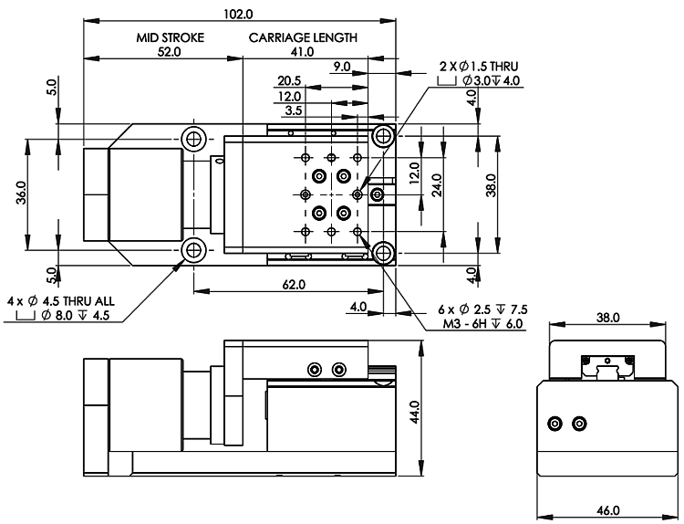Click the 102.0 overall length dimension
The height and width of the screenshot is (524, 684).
coord(238,14)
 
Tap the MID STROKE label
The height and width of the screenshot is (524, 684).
coord(171,37)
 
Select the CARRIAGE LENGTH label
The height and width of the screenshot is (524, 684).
coord(303,37)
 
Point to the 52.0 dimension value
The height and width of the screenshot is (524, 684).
coord(170,52)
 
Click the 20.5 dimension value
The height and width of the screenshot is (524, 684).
coord(290,80)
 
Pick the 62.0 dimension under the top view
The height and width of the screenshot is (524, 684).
coord(294,285)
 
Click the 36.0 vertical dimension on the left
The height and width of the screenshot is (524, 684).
coord(21,193)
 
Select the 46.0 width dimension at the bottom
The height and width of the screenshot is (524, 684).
coord(608,510)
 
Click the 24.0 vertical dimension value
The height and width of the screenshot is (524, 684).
coord(438,185)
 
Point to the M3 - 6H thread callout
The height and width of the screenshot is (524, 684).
coord(482,323)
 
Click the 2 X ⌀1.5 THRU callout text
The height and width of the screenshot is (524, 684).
coord(479,67)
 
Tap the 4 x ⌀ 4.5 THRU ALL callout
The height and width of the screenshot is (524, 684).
coord(60,301)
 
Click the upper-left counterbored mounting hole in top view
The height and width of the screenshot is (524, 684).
coord(193,140)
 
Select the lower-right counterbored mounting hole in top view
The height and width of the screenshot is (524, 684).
coord(383,252)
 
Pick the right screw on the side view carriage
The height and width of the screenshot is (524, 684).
coord(339,370)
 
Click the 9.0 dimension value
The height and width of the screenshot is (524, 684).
coord(342,67)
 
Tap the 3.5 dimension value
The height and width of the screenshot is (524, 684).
coord(294,110)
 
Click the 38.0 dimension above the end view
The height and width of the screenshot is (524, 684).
coord(608,318)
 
